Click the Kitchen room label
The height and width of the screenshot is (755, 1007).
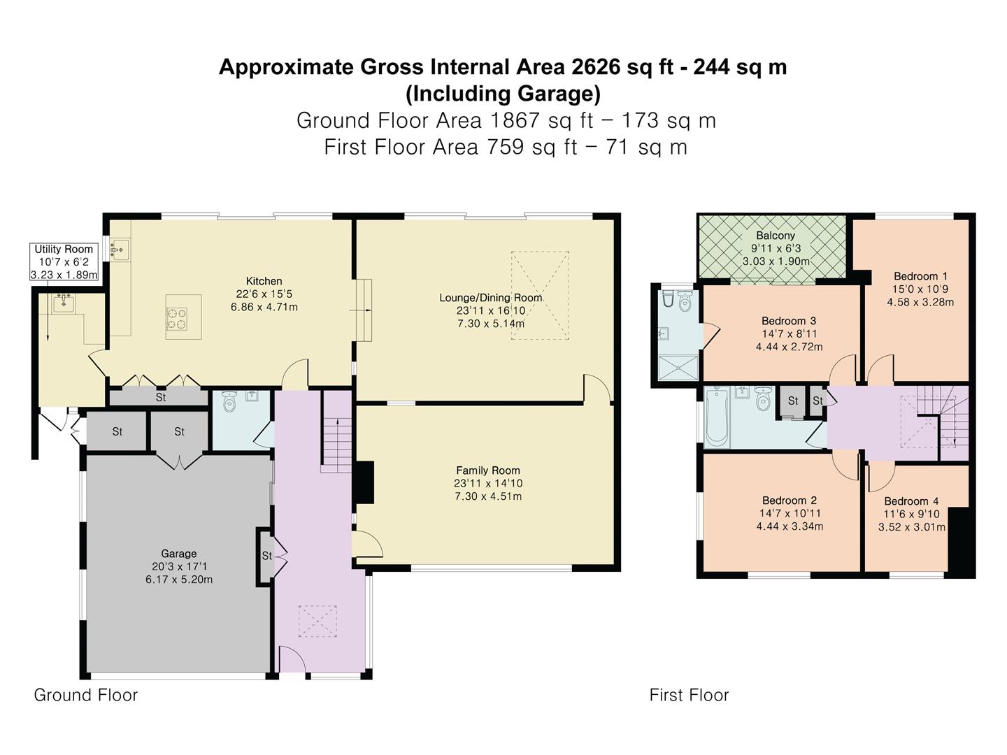264,281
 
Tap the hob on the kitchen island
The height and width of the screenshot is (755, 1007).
177,319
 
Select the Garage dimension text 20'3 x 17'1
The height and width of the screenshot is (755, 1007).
178,566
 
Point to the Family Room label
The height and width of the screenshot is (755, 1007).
487,470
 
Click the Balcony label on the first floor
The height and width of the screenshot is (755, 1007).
776,236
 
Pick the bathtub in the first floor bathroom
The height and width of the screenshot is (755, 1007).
717,417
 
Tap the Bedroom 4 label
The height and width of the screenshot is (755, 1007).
911,501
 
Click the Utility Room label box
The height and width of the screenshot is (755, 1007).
64,261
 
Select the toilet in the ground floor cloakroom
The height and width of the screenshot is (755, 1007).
229,401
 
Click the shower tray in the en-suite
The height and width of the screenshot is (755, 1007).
678,368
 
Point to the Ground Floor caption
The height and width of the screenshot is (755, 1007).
86,695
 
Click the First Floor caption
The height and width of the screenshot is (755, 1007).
689,695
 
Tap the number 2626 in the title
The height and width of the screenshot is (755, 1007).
596,67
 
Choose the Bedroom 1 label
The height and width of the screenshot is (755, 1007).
920,276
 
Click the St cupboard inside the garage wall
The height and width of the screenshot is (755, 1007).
266,556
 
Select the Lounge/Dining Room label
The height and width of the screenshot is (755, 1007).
490,298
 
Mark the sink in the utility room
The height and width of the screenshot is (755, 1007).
63,303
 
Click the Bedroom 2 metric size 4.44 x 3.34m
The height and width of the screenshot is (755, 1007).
790,526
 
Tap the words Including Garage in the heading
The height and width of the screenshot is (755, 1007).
503,94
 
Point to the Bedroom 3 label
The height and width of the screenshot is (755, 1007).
789,321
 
